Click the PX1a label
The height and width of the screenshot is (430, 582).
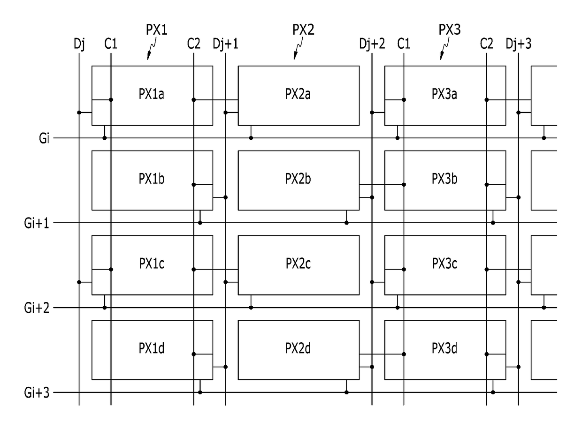click(151, 94)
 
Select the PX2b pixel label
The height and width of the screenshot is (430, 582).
click(298, 179)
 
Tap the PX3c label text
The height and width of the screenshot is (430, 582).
click(444, 264)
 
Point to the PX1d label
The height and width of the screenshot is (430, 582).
click(152, 348)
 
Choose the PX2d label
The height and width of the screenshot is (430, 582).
click(298, 348)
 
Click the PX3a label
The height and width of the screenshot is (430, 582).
click(444, 94)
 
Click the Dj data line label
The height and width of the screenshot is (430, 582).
click(79, 44)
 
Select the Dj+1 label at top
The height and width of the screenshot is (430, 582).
click(225, 44)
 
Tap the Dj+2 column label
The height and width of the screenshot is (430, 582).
click(372, 44)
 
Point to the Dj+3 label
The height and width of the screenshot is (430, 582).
click(518, 44)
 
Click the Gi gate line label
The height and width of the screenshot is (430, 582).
click(44, 138)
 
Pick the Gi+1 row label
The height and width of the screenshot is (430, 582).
click(37, 223)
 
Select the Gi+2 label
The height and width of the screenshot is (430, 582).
click(37, 308)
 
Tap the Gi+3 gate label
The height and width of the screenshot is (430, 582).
click(37, 393)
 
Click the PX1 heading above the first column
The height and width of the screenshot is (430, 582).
click(156, 30)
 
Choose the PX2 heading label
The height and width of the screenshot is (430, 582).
click(303, 30)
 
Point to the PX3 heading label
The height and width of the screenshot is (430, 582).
click(450, 30)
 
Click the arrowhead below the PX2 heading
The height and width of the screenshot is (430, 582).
click(295, 57)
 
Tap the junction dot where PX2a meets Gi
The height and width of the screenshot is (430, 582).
click(251, 138)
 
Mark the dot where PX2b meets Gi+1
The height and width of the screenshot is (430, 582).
click(346, 223)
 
